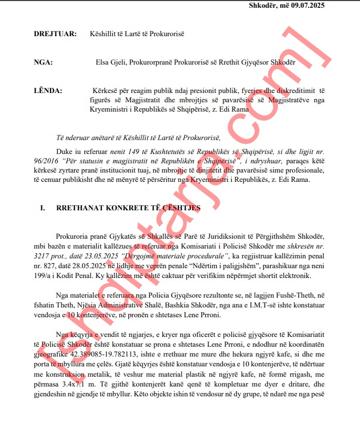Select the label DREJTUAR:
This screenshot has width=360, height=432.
point(55,34)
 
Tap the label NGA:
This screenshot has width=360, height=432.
point(43,63)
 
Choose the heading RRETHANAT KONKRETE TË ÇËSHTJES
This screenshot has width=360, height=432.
point(130,208)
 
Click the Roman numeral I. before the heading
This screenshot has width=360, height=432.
point(43,208)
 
